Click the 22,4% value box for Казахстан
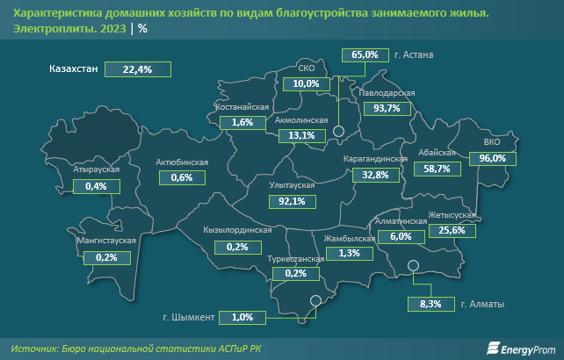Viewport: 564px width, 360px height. (x=138, y=69)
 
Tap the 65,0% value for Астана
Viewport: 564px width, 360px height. (x=364, y=54)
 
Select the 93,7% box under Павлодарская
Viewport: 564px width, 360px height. (x=387, y=109)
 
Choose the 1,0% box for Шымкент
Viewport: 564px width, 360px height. (x=242, y=316)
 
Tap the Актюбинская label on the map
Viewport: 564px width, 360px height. (x=181, y=162)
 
